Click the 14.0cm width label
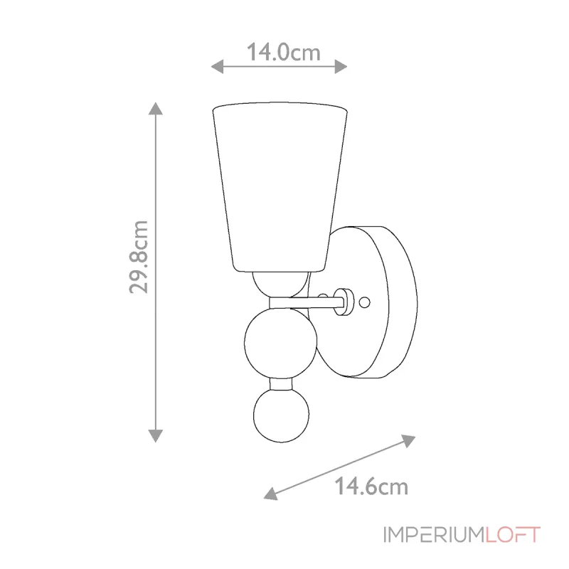coord(283,52)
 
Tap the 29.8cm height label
coord(139,257)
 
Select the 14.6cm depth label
coord(371,486)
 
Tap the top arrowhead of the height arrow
coord(155,109)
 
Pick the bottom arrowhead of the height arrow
coord(155,435)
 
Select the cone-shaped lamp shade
coord(280,185)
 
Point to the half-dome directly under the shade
coord(280,282)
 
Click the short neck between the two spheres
coord(280,384)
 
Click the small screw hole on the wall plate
coord(365,302)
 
